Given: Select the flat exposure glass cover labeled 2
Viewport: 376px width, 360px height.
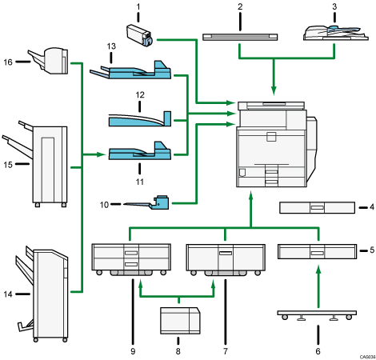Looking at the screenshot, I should coord(241,36).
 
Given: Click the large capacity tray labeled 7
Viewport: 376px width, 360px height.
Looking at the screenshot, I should coord(225,258).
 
